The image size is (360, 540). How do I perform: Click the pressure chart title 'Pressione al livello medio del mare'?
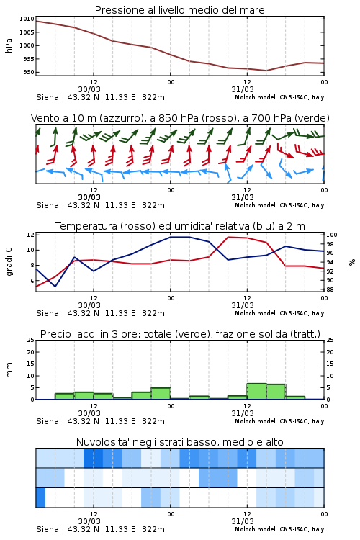179,10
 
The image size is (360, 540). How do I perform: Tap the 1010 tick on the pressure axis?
27,19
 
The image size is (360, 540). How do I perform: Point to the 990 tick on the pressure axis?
28,72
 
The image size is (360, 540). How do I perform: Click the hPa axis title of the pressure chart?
9,45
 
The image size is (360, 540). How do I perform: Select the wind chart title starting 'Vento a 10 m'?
180,118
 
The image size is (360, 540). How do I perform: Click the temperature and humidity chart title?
180,226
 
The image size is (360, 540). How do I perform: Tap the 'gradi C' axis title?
9,262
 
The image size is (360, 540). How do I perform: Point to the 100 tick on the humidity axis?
332,235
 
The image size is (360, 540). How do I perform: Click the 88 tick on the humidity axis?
330,289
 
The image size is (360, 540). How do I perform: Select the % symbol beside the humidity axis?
352,262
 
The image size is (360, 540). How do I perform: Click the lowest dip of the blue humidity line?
55,286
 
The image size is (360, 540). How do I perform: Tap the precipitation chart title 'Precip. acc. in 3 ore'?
180,334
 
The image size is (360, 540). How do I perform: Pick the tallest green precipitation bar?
256,392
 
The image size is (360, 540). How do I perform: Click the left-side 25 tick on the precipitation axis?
31,340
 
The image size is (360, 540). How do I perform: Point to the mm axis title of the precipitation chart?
9,370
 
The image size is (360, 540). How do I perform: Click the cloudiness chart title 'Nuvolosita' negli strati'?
179,442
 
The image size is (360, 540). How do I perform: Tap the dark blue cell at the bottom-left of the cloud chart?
40,498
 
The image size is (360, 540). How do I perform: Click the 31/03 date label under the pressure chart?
243,89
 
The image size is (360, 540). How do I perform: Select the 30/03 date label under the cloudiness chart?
89,521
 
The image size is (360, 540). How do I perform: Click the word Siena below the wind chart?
48,206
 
